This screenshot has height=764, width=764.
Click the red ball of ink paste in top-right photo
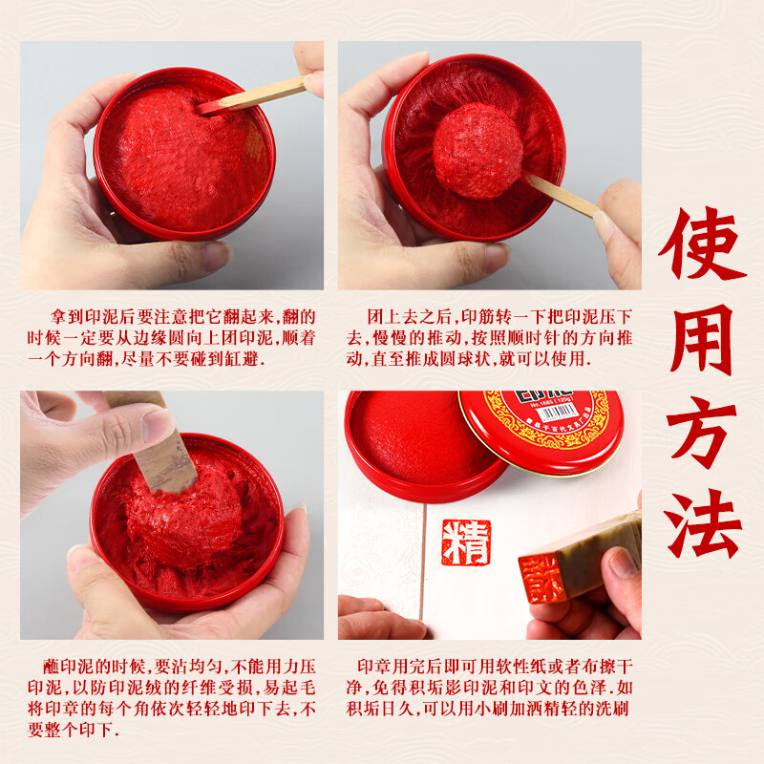[477, 150]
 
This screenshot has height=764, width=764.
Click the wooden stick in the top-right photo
[564, 196]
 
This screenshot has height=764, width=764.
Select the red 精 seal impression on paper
[467, 543]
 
